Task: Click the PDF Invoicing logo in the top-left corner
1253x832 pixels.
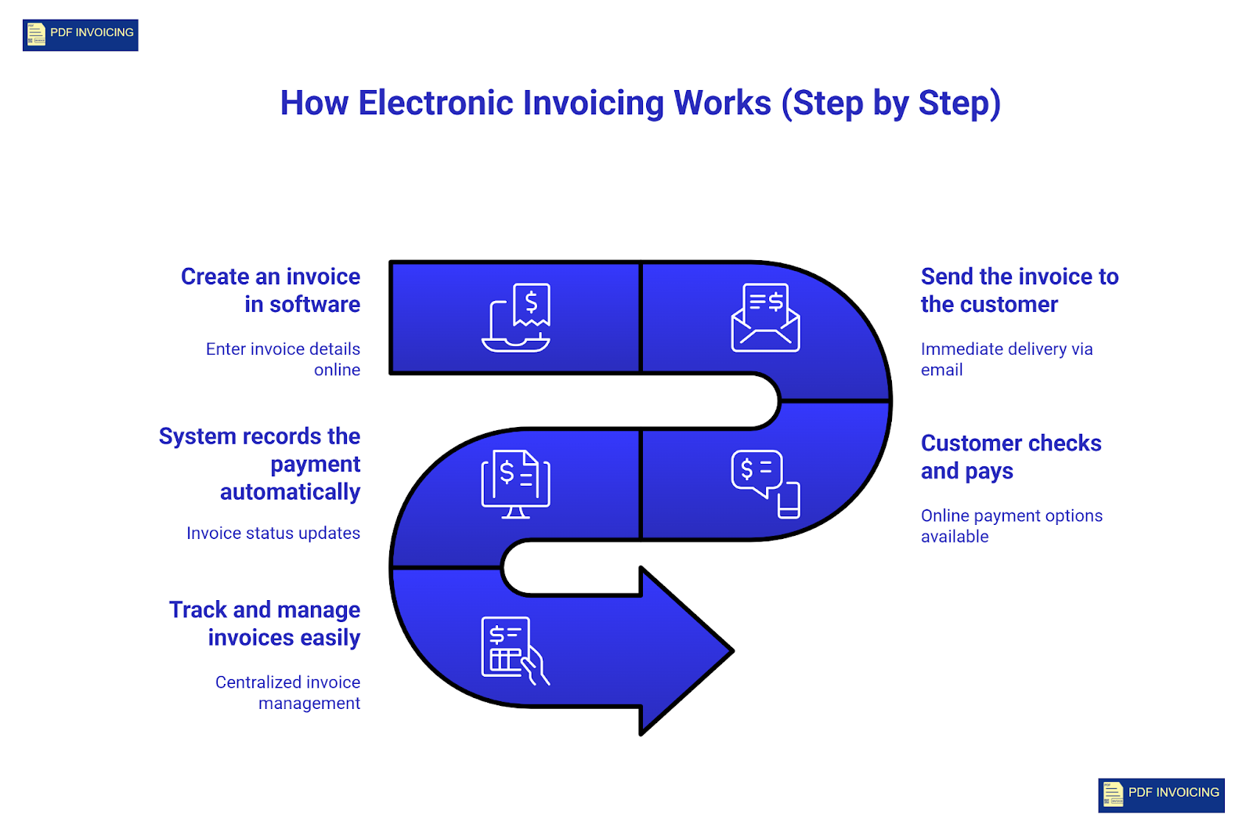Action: (80, 35)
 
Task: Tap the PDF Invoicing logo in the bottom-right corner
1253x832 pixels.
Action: (1161, 794)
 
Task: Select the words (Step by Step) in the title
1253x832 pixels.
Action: (890, 103)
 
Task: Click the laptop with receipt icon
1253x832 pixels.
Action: (516, 317)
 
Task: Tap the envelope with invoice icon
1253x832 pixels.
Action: (765, 317)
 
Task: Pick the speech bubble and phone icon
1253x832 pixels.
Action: (765, 484)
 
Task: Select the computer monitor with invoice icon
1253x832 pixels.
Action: (515, 484)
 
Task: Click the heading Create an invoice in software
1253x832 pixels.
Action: (271, 290)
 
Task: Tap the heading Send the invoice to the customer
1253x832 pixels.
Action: (1019, 290)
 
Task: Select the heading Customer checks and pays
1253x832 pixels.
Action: (1010, 457)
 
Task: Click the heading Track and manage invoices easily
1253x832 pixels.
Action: (265, 624)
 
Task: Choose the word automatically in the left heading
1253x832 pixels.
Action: (290, 492)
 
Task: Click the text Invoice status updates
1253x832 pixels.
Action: (273, 534)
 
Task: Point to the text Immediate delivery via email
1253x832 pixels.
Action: (1006, 359)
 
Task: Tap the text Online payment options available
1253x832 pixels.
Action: (1011, 526)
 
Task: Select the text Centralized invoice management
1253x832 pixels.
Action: (288, 693)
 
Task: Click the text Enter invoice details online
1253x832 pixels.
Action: (283, 359)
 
